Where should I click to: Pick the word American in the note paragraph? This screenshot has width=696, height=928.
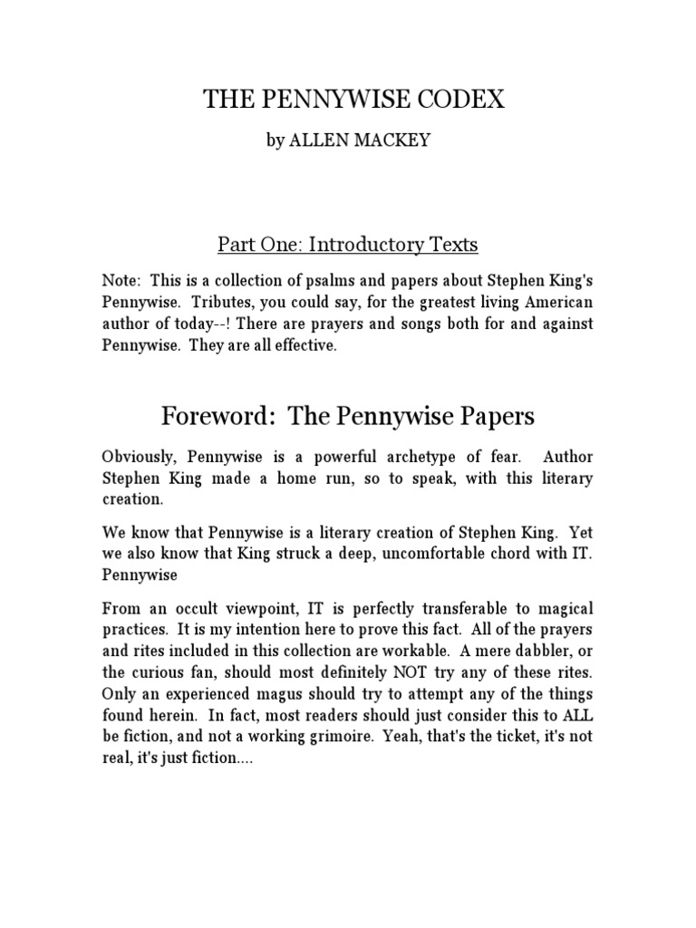pyautogui.click(x=546, y=304)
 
